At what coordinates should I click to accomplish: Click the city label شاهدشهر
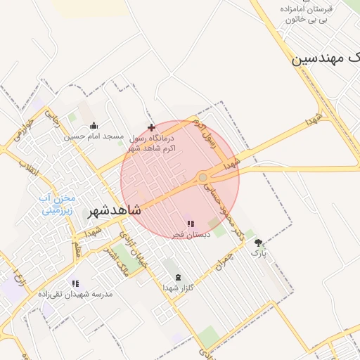[115, 210]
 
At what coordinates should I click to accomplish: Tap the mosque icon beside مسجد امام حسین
[95, 127]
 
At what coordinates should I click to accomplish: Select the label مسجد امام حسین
[94, 136]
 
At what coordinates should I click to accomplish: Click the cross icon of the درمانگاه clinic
[151, 127]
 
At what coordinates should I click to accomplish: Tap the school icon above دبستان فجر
[191, 224]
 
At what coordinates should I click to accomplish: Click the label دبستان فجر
[191, 233]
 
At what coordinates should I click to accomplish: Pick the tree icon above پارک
[259, 242]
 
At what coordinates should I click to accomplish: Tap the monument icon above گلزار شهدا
[177, 277]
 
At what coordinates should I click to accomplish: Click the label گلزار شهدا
[177, 287]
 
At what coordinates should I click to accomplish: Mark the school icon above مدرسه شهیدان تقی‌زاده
[75, 283]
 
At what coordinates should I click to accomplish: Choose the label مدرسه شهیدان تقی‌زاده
[76, 293]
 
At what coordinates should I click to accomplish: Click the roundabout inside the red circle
[202, 178]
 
